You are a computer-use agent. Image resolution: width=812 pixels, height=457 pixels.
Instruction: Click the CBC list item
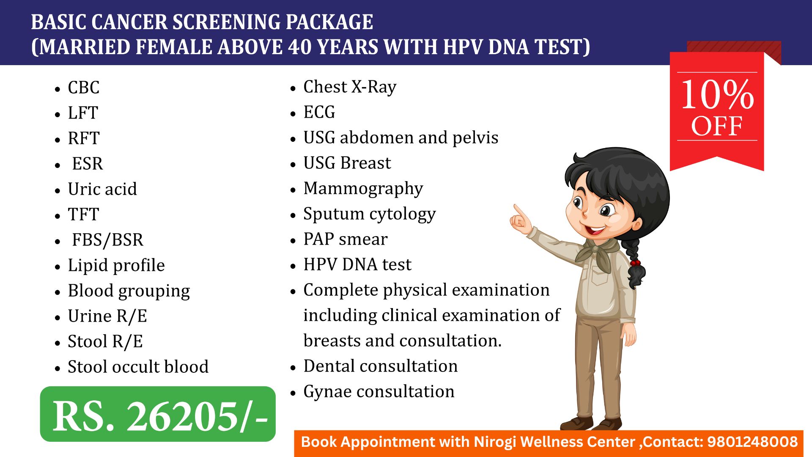tap(84, 88)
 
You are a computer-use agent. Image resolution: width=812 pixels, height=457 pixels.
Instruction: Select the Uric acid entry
tap(102, 189)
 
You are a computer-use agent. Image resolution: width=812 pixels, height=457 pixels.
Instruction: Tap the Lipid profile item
tap(116, 266)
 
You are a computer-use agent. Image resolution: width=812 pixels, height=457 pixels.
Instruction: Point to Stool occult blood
tap(138, 367)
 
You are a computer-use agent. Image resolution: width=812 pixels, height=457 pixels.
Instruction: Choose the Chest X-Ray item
tap(350, 87)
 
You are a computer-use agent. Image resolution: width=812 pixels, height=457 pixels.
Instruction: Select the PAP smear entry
tap(346, 239)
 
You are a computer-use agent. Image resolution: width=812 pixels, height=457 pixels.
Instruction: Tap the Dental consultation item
tap(381, 366)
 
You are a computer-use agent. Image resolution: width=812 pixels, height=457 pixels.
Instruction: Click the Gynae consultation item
tap(379, 392)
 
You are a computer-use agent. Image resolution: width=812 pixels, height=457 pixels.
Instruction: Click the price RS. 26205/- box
tap(158, 414)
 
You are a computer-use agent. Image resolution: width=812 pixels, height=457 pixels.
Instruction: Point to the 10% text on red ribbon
tap(717, 95)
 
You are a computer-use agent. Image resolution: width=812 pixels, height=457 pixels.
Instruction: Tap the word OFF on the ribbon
tap(717, 126)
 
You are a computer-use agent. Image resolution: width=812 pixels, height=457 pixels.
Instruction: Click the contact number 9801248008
tap(752, 442)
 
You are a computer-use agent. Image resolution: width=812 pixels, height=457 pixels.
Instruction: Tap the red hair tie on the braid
tap(635, 263)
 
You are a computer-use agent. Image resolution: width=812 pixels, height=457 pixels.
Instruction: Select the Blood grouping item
tap(129, 291)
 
